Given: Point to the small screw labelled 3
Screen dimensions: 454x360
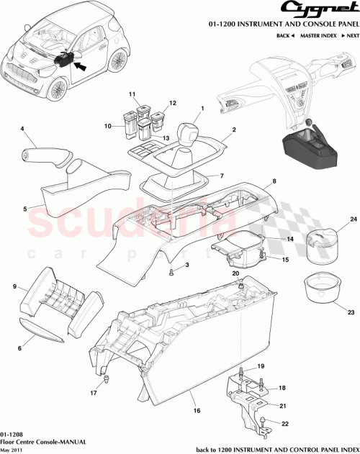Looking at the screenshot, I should point(172,272).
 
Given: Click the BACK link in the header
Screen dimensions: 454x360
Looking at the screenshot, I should point(266,35).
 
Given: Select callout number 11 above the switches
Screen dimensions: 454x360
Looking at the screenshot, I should point(132,95).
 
